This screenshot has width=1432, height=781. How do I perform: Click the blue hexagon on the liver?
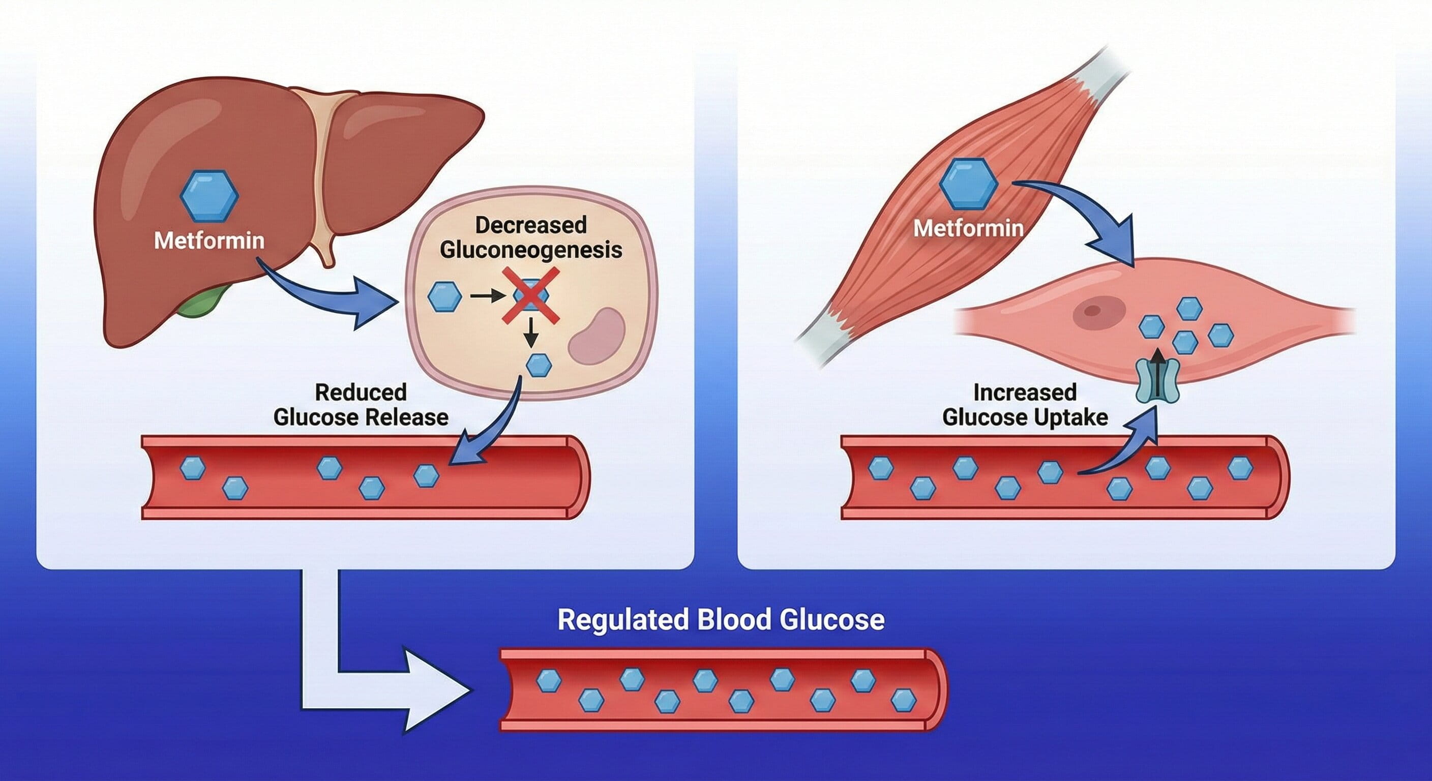(x=209, y=196)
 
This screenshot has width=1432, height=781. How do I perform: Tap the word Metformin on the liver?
(x=209, y=241)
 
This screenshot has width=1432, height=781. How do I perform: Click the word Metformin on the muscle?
(x=968, y=228)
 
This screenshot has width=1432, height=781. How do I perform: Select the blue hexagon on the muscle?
(x=968, y=184)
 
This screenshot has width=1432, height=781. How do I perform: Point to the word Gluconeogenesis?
(x=531, y=250)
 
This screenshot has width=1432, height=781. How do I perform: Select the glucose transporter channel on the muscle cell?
(x=1157, y=381)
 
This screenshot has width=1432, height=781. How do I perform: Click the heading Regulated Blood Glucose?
(x=721, y=620)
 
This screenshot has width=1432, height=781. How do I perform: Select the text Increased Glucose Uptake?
(x=1025, y=405)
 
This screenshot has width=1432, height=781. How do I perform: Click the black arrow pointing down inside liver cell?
(x=531, y=332)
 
